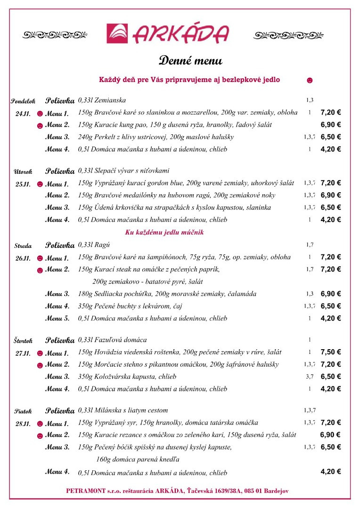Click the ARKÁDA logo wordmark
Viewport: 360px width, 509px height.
point(181,34)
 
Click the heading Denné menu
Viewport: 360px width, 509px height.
point(190,61)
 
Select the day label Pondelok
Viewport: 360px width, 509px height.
point(23,101)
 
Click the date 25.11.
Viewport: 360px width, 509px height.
point(23,184)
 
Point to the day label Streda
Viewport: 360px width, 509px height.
point(23,246)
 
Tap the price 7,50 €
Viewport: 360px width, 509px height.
point(331,352)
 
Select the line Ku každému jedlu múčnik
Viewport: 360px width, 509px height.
point(164,232)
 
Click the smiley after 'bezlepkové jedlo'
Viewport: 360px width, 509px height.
point(310,80)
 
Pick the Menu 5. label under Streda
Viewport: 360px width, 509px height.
point(57,318)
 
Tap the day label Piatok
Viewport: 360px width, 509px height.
point(23,411)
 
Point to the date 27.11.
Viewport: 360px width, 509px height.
point(23,353)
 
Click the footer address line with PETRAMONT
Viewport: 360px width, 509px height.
point(177,491)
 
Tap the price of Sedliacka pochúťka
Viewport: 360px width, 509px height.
point(331,294)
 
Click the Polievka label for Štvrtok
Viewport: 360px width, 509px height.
point(60,340)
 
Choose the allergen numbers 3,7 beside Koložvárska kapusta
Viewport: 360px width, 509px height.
point(310,377)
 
